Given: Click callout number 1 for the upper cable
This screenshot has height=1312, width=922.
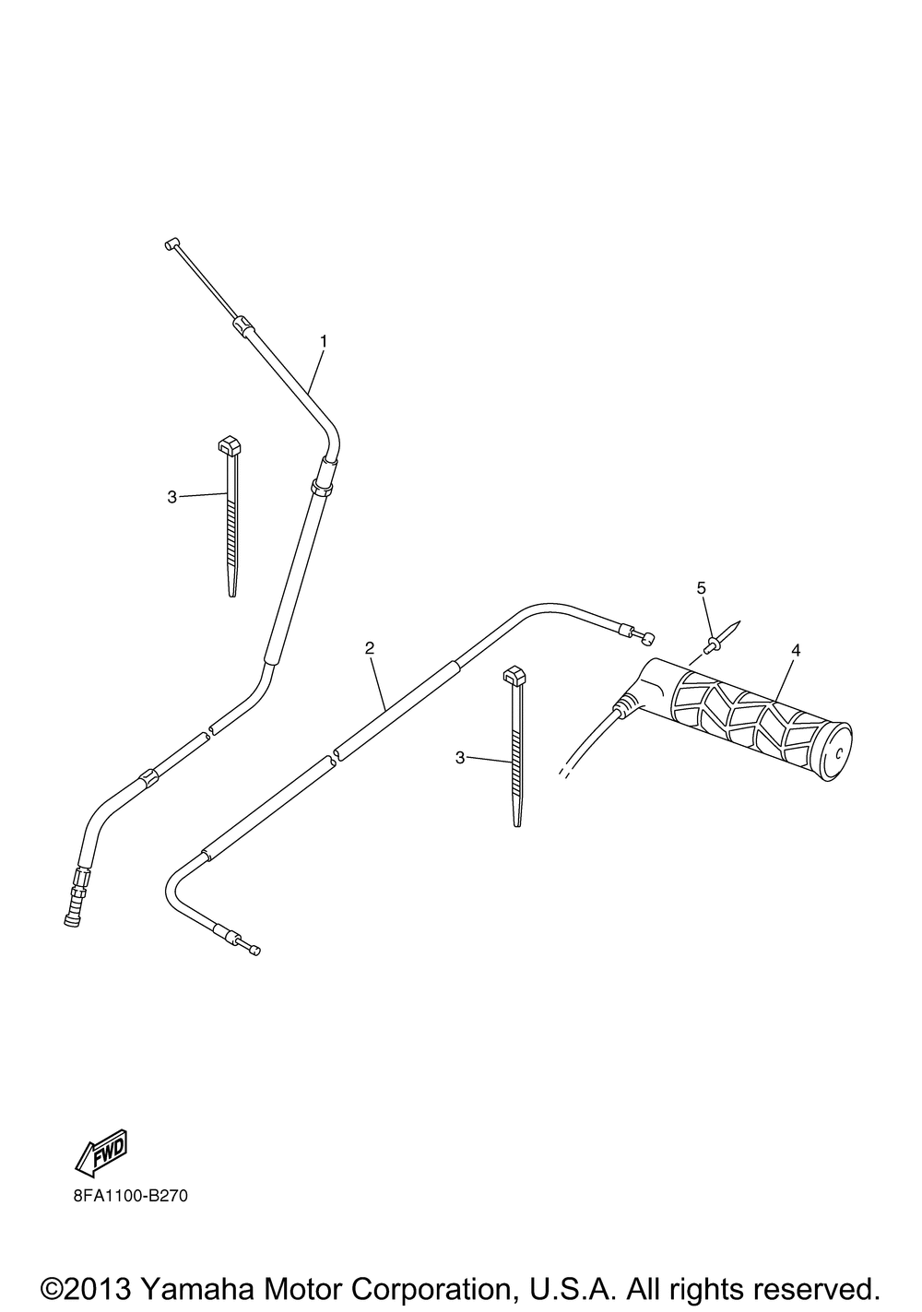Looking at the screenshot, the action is (x=324, y=341).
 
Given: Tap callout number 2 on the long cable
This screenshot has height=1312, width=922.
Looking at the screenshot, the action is (x=369, y=648).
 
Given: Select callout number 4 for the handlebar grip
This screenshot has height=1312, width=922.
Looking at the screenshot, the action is (x=795, y=650).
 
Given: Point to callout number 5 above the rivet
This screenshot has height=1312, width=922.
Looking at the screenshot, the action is (x=701, y=587).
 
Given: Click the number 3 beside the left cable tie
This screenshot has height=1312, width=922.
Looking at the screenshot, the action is (x=171, y=497).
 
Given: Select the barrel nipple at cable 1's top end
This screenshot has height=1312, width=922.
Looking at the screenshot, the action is (x=171, y=243).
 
